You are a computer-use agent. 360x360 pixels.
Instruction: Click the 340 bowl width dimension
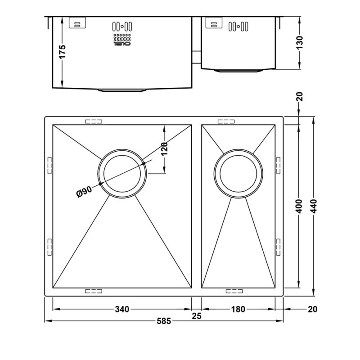pos(122,309)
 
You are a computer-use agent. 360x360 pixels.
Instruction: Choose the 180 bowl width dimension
pos(238,309)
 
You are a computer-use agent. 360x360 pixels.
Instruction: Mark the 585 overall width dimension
pos(165,321)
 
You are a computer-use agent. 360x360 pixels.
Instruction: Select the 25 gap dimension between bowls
pos(196,315)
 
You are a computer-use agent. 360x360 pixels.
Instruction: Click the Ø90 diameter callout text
pos(85,191)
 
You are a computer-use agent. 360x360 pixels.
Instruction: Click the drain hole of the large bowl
pos(122,172)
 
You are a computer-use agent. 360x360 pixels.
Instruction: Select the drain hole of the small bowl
pos(238,172)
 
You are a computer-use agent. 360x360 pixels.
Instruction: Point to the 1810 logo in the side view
pos(122,44)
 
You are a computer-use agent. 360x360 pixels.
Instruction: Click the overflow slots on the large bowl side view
pos(122,26)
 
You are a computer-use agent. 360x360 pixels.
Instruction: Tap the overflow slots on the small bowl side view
pos(239,26)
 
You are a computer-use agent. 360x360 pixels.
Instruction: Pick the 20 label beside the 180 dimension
pos(313,309)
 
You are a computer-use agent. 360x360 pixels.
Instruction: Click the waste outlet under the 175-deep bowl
pos(122,90)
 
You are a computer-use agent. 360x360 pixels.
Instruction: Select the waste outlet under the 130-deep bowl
pos(238,70)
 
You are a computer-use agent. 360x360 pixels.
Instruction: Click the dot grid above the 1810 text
pos(122,37)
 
